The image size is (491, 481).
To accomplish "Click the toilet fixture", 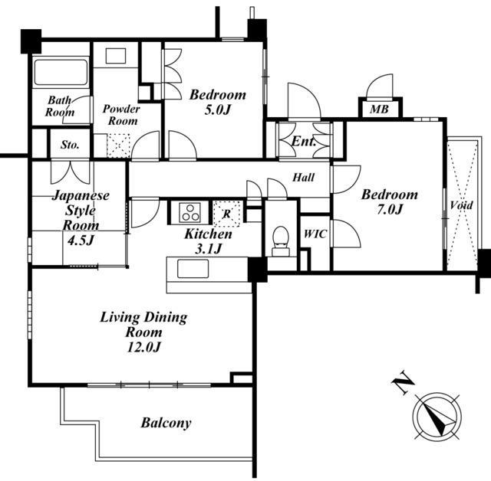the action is tap(281, 241).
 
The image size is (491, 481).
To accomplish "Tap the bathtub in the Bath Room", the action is tap(61, 72).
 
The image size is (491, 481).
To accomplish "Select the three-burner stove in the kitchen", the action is tap(189, 213).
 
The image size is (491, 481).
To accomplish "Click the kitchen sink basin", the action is tap(193, 269).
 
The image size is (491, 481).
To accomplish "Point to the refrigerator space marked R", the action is tap(227, 214).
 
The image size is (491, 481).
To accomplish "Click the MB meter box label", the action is tap(379, 109).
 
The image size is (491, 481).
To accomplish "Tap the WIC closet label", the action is tap(315, 234).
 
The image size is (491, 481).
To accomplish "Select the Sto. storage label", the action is tap(70, 145).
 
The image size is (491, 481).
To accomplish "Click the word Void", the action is tap(461, 205).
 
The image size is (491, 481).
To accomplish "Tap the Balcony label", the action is tap(166, 423).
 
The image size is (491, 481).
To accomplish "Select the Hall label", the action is tap(304, 178).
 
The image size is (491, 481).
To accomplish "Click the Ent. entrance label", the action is tap(304, 141).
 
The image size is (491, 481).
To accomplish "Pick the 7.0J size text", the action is tap(389, 209).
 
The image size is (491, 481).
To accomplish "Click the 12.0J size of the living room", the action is tap(143, 347).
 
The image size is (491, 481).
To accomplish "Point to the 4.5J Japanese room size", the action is tap(81, 240).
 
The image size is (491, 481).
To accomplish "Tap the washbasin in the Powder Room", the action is tap(116, 56).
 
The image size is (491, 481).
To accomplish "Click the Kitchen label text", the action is tap(208, 234).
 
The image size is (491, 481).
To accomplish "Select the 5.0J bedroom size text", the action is tap(218, 110).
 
